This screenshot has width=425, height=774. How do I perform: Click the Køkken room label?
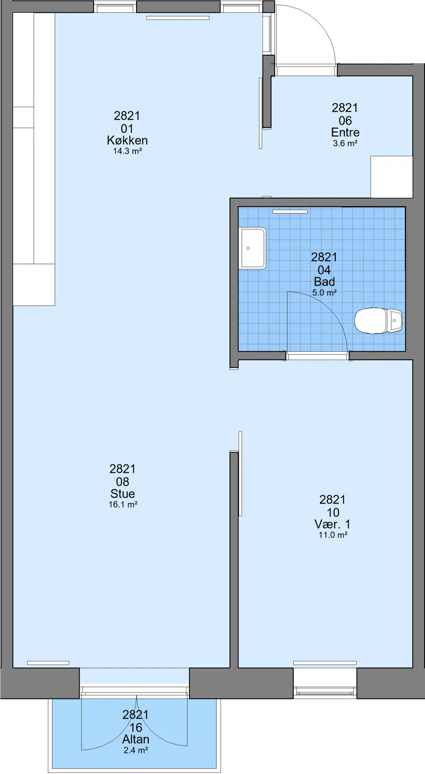pyautogui.click(x=127, y=140)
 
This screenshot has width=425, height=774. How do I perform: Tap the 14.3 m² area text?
pyautogui.click(x=127, y=151)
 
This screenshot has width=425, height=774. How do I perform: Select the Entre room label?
pyautogui.click(x=345, y=132)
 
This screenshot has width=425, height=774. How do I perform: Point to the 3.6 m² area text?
pyautogui.click(x=345, y=143)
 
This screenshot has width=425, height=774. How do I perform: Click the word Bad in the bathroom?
pyautogui.click(x=325, y=282)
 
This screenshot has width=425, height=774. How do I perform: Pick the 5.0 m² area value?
pyautogui.click(x=325, y=293)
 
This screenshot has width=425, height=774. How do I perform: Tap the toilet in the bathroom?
pyautogui.click(x=379, y=321)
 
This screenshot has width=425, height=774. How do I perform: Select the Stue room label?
pyautogui.click(x=123, y=494)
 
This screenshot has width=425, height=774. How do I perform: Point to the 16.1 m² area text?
pyautogui.click(x=123, y=505)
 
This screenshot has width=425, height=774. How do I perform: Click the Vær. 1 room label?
pyautogui.click(x=333, y=524)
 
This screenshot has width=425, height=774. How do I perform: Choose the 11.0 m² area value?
pyautogui.click(x=333, y=535)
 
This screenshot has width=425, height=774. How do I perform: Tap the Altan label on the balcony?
pyautogui.click(x=136, y=739)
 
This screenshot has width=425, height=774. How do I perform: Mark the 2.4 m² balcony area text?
pyautogui.click(x=136, y=751)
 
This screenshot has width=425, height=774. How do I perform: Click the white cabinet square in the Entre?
pyautogui.click(x=392, y=176)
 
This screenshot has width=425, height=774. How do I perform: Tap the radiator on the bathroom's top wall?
pyautogui.click(x=290, y=211)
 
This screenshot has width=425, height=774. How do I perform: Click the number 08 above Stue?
pyautogui.click(x=123, y=482)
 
